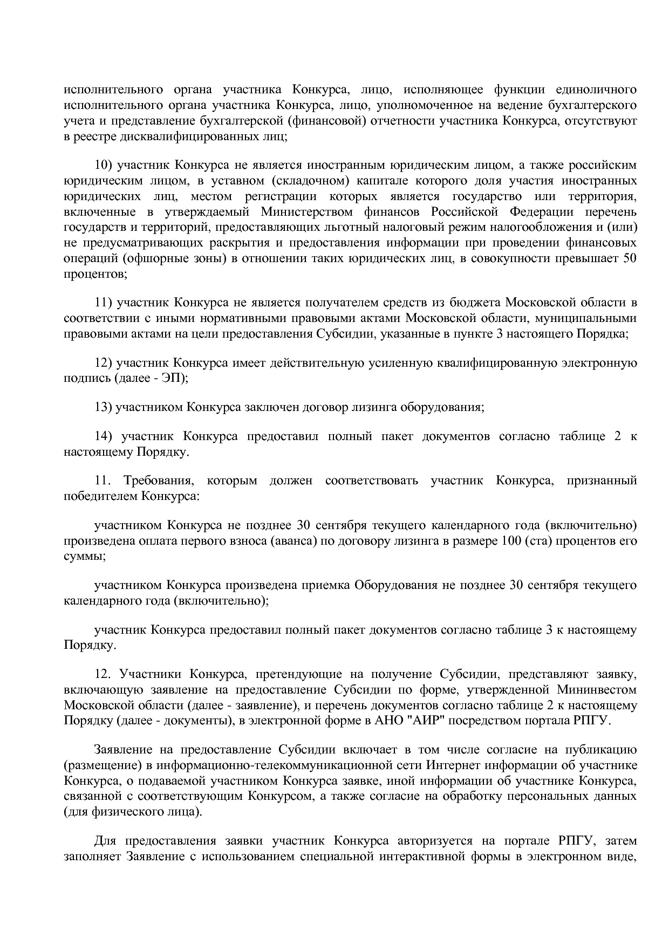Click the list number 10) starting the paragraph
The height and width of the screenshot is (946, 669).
pos(104,164)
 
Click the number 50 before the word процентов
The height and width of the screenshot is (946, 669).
pos(630,258)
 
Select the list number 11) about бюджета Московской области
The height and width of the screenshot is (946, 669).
pos(104,302)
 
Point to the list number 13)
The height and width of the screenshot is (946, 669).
pos(103,407)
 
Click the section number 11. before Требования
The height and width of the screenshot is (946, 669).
pos(103,481)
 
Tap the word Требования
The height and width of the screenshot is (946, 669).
pos(156,481)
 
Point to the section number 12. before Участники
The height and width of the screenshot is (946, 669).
pos(103,674)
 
